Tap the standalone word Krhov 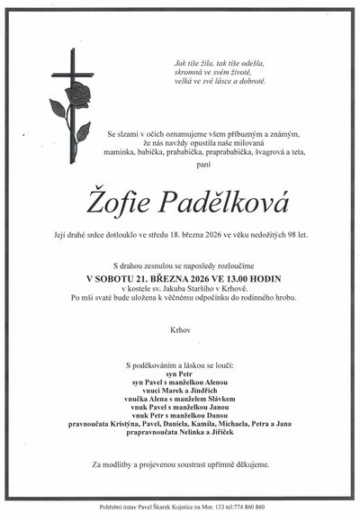coord(179,330)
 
